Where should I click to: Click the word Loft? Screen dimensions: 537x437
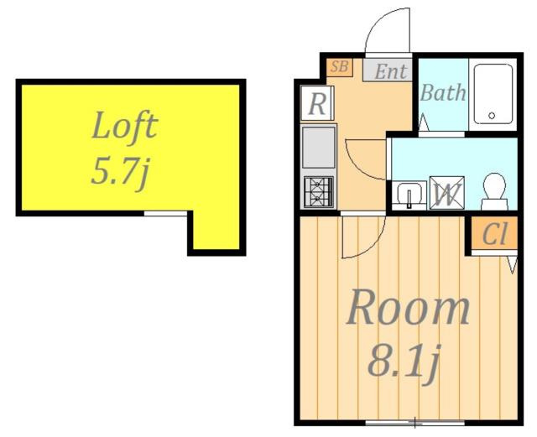(125, 125)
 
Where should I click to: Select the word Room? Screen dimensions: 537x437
(408, 308)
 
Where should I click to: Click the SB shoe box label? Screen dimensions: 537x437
(339, 67)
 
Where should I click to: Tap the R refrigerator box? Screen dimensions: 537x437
(317, 103)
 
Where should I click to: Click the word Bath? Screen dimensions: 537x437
(443, 92)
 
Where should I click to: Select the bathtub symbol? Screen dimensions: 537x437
(493, 94)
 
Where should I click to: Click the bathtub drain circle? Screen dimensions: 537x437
(492, 116)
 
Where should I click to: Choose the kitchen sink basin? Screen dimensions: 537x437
(319, 148)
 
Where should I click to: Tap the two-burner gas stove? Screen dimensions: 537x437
(318, 192)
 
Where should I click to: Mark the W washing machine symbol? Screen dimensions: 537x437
(447, 192)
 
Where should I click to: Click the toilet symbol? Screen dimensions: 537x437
(494, 191)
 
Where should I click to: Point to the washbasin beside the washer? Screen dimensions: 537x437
(409, 195)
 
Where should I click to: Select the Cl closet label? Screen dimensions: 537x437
(494, 234)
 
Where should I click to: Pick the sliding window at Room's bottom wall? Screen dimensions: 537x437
(414, 423)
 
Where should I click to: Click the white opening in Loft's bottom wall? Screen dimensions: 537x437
(165, 213)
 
